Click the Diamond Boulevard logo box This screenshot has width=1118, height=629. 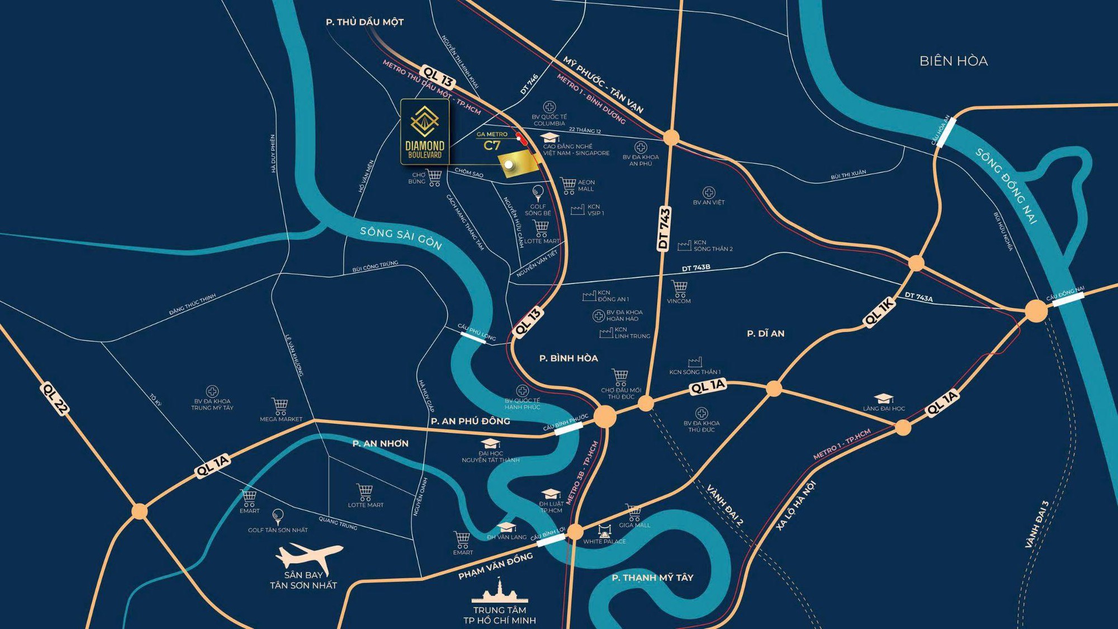pyautogui.click(x=425, y=132)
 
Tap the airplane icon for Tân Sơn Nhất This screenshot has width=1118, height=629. pyautogui.click(x=309, y=556)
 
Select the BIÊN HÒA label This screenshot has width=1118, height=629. pyautogui.click(x=954, y=61)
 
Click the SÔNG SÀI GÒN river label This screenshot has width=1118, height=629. pyautogui.click(x=401, y=238)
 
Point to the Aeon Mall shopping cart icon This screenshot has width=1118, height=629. pyautogui.click(x=568, y=186)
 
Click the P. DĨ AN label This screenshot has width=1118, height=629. pyautogui.click(x=765, y=334)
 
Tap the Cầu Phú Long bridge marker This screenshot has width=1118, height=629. pyautogui.click(x=473, y=335)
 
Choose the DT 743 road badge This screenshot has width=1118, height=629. pyautogui.click(x=664, y=228)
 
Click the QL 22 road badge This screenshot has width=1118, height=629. pyautogui.click(x=55, y=399)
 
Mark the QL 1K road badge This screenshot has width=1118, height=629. pyautogui.click(x=880, y=312)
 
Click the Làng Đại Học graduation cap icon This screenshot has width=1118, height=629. pyautogui.click(x=883, y=399)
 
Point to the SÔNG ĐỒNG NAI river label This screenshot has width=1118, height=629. pyautogui.click(x=1006, y=186)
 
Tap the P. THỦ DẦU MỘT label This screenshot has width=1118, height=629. pyautogui.click(x=364, y=22)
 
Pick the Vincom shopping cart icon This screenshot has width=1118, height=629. pyautogui.click(x=679, y=289)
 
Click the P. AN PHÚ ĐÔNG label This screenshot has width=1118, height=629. pyautogui.click(x=470, y=421)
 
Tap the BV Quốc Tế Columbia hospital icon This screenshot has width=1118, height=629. pyautogui.click(x=549, y=107)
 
